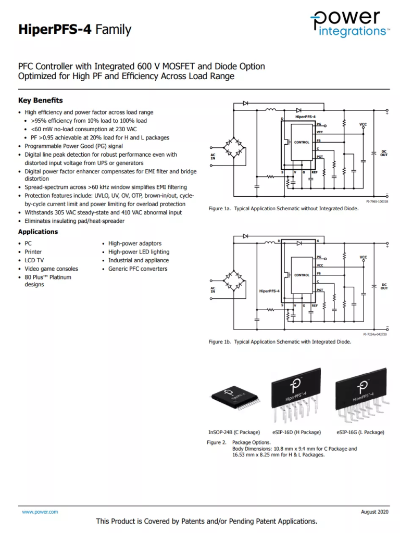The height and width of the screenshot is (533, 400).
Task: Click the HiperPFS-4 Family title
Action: [x=74, y=30]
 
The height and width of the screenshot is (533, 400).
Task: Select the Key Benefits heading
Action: [x=41, y=100]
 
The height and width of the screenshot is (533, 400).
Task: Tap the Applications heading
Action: [x=38, y=232]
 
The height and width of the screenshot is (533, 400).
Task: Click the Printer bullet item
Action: [x=33, y=252]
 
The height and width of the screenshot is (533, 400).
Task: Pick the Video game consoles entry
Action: [x=51, y=269]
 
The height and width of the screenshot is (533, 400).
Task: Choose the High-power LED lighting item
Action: [x=139, y=252]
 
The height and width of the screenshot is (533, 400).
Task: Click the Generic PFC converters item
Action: [x=137, y=269]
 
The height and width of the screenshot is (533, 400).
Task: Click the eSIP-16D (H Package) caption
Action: [x=296, y=432]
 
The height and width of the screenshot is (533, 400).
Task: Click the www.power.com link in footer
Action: [x=40, y=512]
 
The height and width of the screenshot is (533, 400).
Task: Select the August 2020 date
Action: [x=374, y=512]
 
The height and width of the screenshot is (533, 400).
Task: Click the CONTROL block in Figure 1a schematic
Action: [x=302, y=142]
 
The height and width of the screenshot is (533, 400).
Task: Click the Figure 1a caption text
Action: [x=283, y=209]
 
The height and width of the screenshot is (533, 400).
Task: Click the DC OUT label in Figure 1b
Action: [x=384, y=286]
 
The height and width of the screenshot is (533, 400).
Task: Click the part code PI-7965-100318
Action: [x=377, y=201]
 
